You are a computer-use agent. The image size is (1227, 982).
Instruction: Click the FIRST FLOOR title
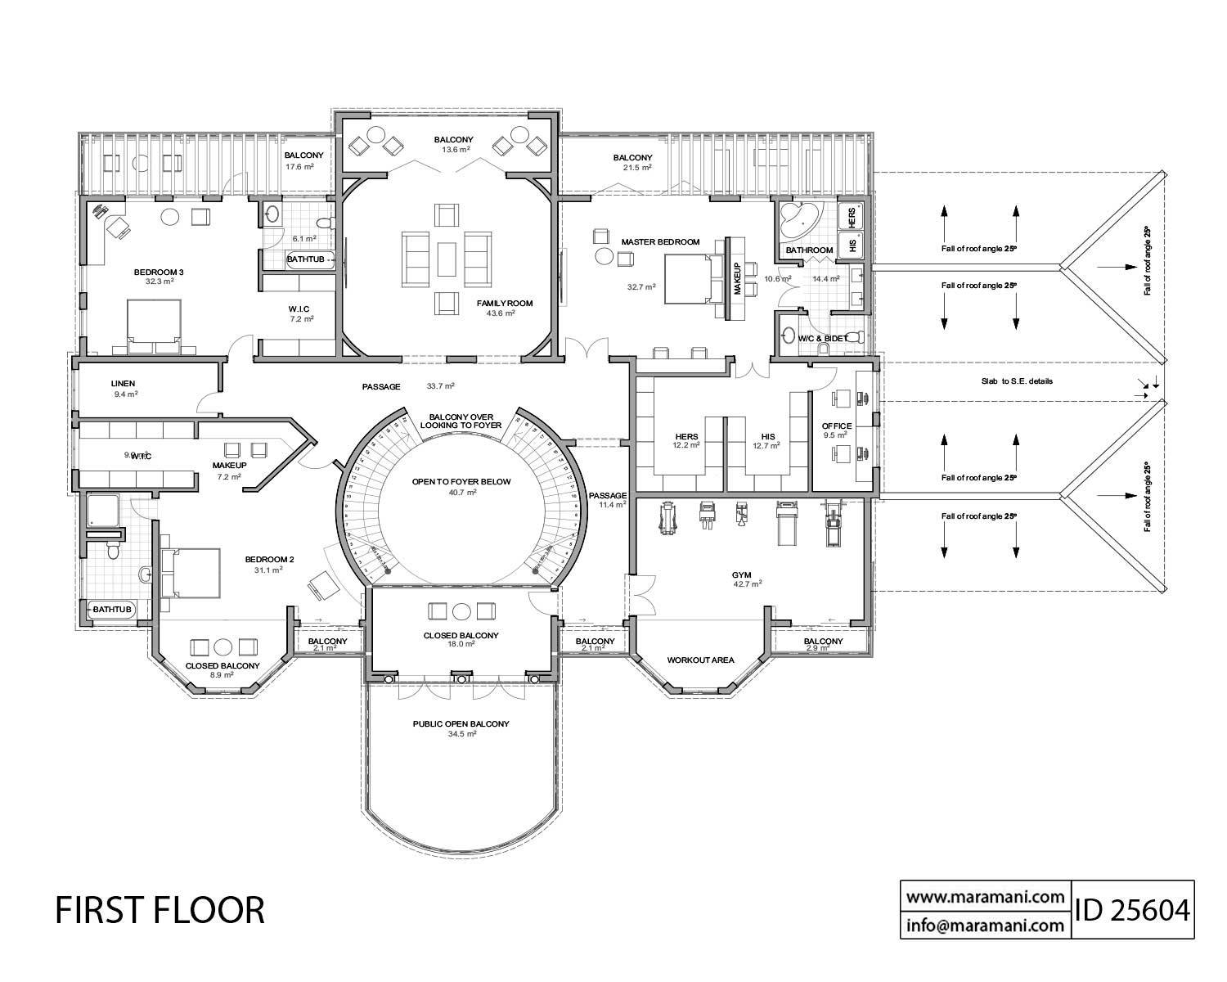pyautogui.click(x=160, y=910)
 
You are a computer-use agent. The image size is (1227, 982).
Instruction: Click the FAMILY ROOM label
pyautogui.click(x=505, y=304)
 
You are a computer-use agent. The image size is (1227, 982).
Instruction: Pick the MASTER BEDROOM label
pyautogui.click(x=660, y=242)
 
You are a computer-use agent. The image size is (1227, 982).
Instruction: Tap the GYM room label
pyautogui.click(x=742, y=575)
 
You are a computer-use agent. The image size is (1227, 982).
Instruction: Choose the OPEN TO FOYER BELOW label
pyautogui.click(x=461, y=482)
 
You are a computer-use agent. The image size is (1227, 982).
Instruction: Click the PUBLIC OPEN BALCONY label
pyautogui.click(x=461, y=724)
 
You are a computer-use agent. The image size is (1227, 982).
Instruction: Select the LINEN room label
pyautogui.click(x=123, y=383)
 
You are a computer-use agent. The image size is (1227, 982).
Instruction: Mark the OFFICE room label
pyautogui.click(x=837, y=426)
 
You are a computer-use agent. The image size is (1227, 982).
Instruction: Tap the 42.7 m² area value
pyautogui.click(x=748, y=584)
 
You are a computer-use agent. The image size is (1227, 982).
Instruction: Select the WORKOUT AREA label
pyautogui.click(x=700, y=660)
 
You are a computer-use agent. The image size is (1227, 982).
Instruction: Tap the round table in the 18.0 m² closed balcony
pyautogui.click(x=461, y=610)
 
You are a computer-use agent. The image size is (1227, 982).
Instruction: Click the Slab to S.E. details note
pyautogui.click(x=1017, y=381)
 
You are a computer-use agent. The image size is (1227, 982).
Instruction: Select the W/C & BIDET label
pyautogui.click(x=822, y=338)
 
